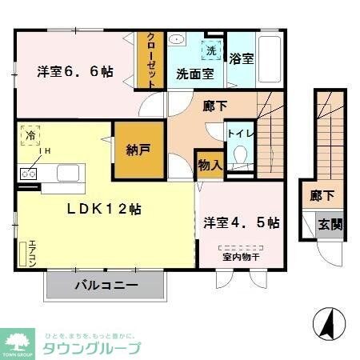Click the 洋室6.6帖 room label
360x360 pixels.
coord(74,72)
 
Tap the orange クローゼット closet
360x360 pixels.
coord(148,59)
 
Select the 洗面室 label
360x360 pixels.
coord(194,73)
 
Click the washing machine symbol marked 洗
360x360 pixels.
coord(211,50)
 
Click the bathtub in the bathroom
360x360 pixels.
coord(270,58)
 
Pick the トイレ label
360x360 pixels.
coord(238,134)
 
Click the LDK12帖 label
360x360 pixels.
coord(104,209)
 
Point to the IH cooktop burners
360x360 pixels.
coord(30,171)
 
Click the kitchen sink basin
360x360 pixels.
coord(69,171)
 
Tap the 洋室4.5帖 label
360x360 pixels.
coord(240,222)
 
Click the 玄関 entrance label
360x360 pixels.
coord(329,225)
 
